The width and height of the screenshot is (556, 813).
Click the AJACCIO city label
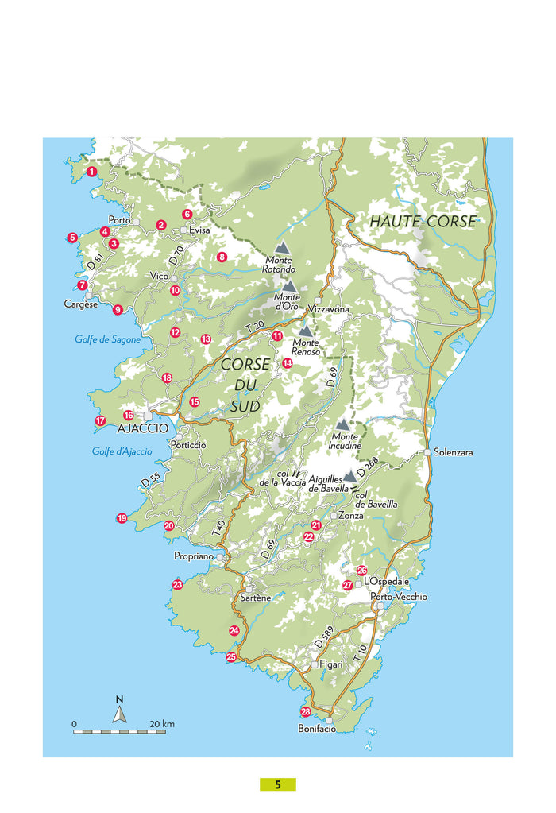(x=143, y=428)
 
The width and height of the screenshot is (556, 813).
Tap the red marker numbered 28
(x=306, y=711)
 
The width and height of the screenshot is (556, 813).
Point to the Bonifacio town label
(x=317, y=729)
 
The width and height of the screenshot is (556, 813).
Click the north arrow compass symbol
(x=119, y=714)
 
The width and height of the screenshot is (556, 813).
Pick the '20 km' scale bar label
(x=162, y=724)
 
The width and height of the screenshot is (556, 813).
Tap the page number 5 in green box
(x=278, y=784)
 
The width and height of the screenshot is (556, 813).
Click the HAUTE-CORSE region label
(x=423, y=222)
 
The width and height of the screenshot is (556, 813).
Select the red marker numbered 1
(x=92, y=171)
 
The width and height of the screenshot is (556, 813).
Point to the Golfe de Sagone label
(x=107, y=339)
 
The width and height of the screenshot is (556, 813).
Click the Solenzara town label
(x=454, y=452)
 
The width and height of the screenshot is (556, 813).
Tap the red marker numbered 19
(x=122, y=518)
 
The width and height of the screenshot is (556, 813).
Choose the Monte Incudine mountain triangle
(x=342, y=426)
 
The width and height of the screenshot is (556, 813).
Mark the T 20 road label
(x=253, y=327)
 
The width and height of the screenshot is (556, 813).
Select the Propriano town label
(x=194, y=557)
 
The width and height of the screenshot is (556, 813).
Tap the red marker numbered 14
(x=288, y=363)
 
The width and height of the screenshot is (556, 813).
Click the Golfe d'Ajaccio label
(x=115, y=452)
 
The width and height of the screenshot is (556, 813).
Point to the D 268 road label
(x=367, y=468)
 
